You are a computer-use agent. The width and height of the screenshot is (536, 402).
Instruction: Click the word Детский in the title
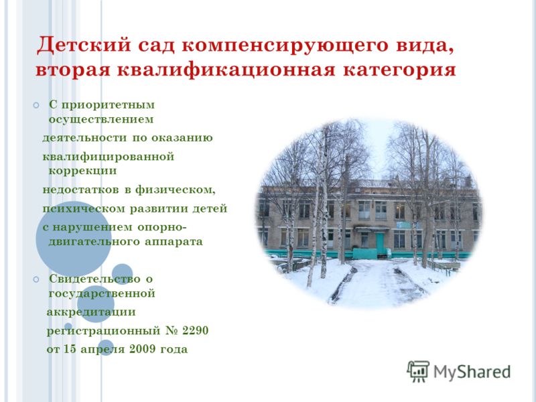(84, 44)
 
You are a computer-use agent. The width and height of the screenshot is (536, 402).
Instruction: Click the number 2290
(195, 330)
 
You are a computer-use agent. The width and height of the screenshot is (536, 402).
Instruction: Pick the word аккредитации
(91, 312)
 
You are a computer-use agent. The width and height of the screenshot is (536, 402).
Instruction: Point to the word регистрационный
(104, 331)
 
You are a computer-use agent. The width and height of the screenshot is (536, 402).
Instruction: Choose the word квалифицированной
(109, 157)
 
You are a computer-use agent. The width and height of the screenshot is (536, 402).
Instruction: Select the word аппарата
(174, 242)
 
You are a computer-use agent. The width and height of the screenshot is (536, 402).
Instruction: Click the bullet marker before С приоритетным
(36, 105)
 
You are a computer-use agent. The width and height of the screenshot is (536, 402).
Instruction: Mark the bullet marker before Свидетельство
(36, 279)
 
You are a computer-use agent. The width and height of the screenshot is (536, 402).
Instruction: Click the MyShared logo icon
(418, 372)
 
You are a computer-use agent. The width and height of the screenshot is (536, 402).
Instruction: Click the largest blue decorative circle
(74, 239)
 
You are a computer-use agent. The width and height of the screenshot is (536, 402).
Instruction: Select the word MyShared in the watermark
(472, 373)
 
